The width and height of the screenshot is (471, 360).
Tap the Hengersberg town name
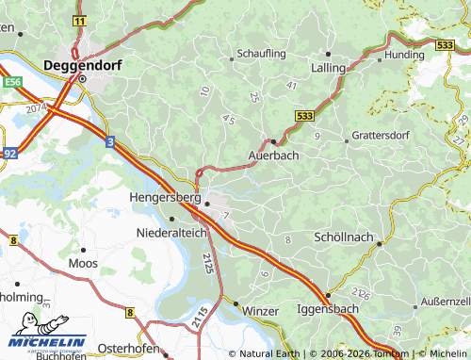164,199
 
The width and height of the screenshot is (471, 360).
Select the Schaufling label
261,54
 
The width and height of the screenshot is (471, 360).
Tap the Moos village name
83,263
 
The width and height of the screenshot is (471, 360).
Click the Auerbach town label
273,155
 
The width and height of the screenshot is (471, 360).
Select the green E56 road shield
12,82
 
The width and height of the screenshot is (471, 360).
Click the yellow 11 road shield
78,20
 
